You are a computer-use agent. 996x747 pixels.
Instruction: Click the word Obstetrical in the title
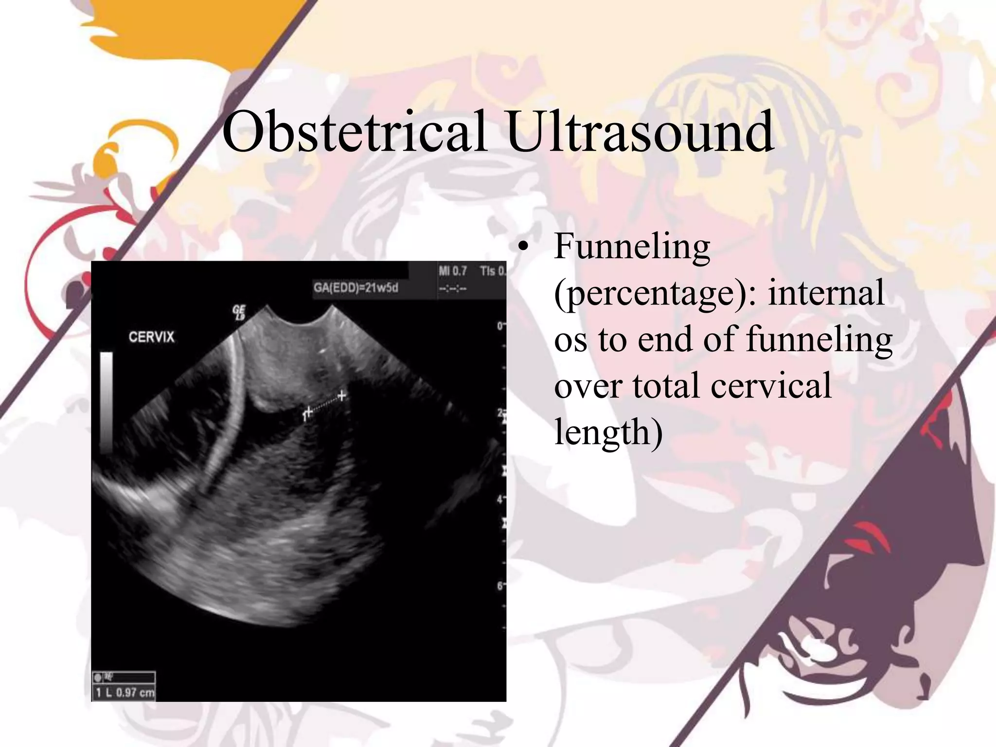coord(354,131)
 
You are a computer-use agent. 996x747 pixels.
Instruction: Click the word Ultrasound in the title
coord(640,131)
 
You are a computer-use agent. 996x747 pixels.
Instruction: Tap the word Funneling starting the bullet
coord(632,247)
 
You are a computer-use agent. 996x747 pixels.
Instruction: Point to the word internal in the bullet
coord(825,293)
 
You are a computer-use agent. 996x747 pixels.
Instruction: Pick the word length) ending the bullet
coord(608,432)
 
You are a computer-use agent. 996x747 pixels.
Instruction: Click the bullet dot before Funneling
coord(523,247)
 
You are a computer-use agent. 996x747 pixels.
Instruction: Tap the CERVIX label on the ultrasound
coord(151,337)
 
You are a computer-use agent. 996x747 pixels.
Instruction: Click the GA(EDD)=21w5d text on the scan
coord(356,288)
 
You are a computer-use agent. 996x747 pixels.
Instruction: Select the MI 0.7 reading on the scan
coord(452,271)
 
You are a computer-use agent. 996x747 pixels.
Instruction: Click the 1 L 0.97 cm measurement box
coord(124,692)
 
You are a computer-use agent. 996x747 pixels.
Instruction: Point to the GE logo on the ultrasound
coord(239,312)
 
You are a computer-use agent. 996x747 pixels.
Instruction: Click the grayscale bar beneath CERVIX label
coord(107,403)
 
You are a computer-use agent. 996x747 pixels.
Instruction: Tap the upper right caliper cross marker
coord(342,395)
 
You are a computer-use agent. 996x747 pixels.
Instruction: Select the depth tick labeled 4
coord(499,499)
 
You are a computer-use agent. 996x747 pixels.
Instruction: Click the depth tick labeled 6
coord(499,586)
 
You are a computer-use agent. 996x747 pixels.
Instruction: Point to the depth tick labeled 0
coord(499,326)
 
